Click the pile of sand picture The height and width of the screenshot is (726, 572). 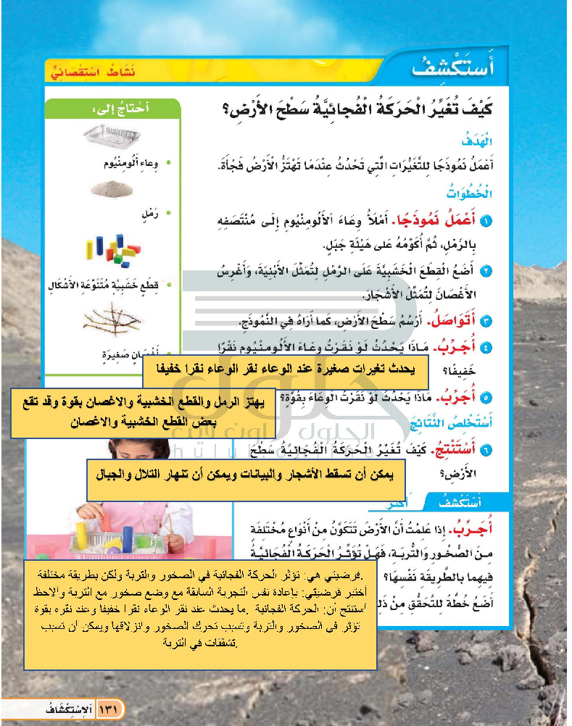click(x=111, y=189)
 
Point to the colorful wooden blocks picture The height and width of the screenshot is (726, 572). click(x=109, y=253)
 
